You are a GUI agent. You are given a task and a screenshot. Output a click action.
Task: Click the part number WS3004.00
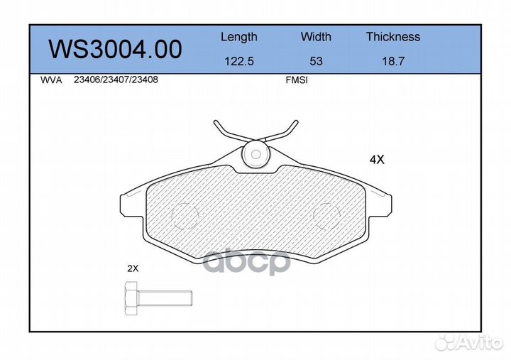(114, 49)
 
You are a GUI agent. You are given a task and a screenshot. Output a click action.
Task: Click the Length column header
(238, 37)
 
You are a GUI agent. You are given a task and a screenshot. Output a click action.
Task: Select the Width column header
(316, 37)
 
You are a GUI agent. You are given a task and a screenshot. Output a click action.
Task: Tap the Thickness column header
(392, 37)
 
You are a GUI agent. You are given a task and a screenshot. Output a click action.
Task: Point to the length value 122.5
(238, 61)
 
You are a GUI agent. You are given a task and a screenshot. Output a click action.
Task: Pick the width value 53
(316, 61)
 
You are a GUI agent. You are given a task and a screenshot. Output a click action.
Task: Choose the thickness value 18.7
(392, 61)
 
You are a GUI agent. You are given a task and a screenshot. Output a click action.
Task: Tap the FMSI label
(296, 80)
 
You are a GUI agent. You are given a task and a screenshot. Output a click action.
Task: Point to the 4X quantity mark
(376, 160)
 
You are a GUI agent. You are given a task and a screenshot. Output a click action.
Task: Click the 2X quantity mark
(133, 269)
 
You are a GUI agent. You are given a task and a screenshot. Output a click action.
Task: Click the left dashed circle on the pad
(185, 214)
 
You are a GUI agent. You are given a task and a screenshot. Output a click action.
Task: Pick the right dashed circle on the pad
(326, 214)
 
